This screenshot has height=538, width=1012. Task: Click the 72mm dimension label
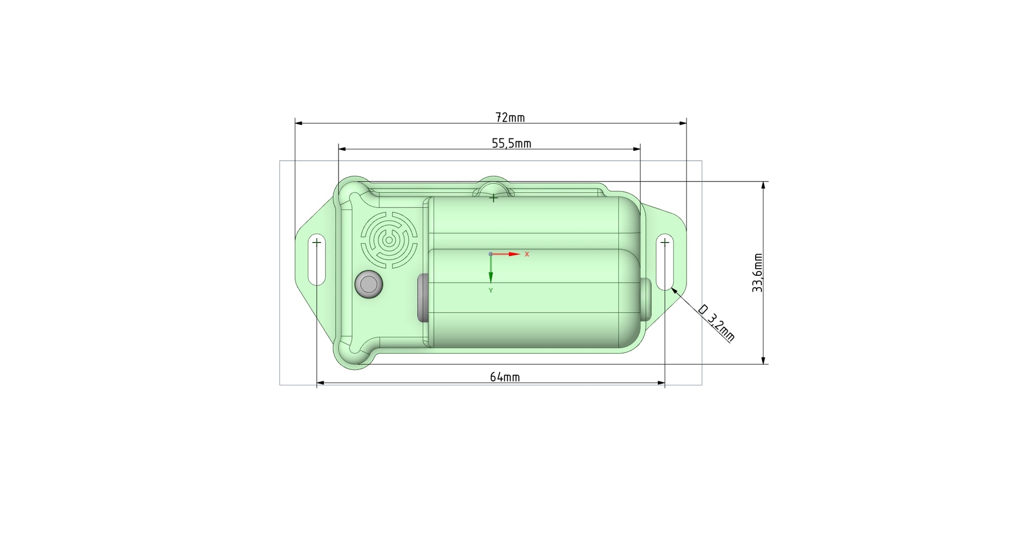(510, 118)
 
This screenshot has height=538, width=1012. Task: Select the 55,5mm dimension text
(511, 143)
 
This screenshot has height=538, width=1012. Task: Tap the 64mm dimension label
(504, 377)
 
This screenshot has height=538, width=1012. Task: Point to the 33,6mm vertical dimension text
(757, 273)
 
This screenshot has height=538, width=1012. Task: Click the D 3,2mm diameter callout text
(716, 323)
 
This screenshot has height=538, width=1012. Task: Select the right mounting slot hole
(665, 262)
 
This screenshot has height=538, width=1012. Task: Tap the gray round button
(369, 284)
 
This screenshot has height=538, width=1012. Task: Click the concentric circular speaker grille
(389, 240)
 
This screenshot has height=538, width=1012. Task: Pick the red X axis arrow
(505, 254)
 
